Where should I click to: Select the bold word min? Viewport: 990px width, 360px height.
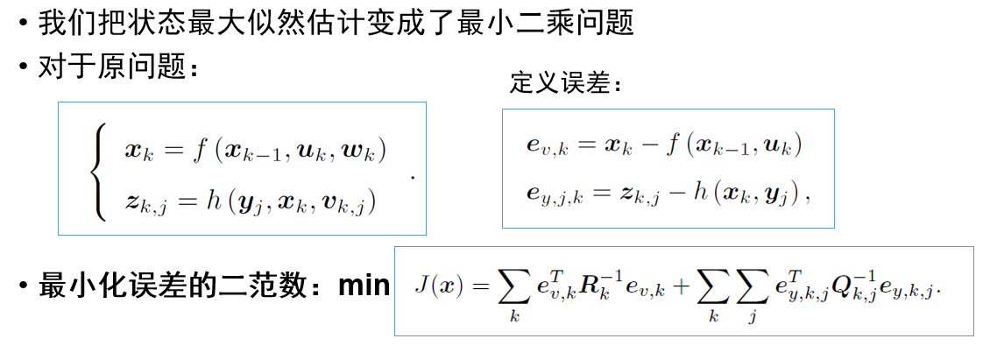363,286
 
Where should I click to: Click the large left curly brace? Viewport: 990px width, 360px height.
100,173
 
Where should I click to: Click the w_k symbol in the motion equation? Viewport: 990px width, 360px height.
363,151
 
